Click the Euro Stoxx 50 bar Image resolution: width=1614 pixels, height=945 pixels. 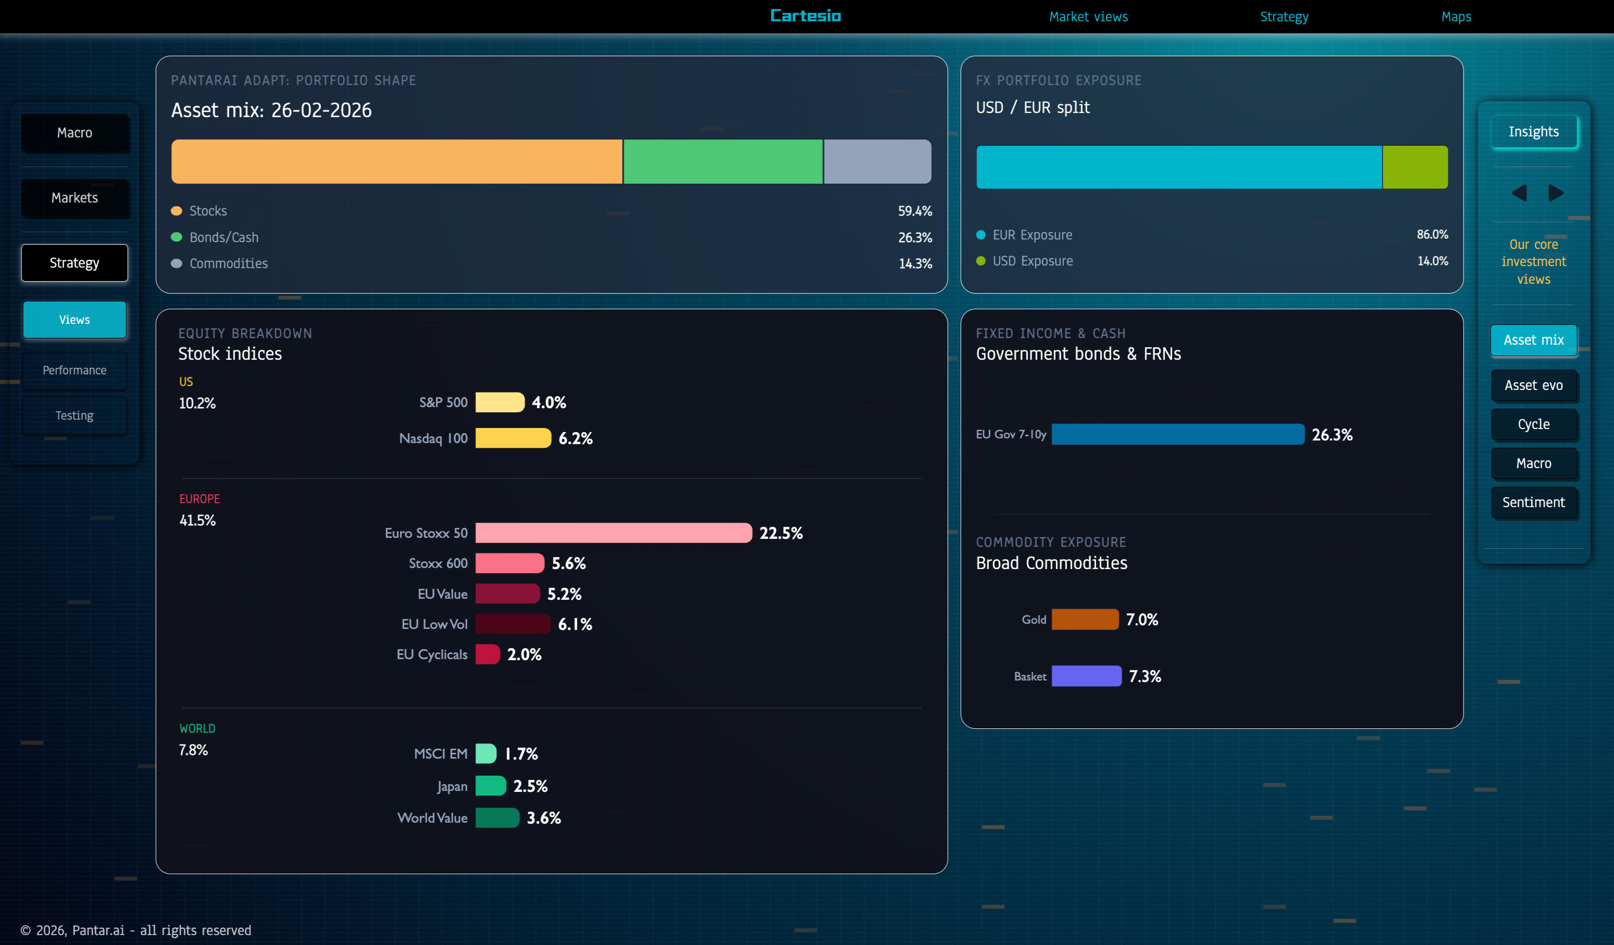[x=613, y=533]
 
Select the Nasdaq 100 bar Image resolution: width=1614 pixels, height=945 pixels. [x=513, y=438]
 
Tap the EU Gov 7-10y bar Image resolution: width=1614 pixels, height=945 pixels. [x=1177, y=434]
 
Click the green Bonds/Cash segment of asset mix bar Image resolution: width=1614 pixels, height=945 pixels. [x=723, y=161]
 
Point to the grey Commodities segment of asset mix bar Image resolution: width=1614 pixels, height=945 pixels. [x=877, y=161]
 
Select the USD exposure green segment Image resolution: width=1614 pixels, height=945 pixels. [x=1415, y=167]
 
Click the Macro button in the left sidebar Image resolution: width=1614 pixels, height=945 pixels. [x=75, y=133]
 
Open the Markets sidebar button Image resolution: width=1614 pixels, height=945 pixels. [x=75, y=198]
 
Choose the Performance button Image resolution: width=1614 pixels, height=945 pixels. [x=75, y=370]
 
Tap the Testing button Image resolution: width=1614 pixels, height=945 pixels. [x=75, y=415]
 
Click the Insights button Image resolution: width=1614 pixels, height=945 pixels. [x=1533, y=132]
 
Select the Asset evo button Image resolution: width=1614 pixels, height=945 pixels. [x=1533, y=385]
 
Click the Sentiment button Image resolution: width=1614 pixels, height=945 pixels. [x=1533, y=502]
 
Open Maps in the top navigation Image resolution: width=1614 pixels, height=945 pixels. [x=1456, y=17]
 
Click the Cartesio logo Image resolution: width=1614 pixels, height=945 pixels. [x=805, y=16]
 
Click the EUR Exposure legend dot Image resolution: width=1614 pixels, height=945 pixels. [x=980, y=235]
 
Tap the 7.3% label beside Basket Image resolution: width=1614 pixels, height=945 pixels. [x=1145, y=676]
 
